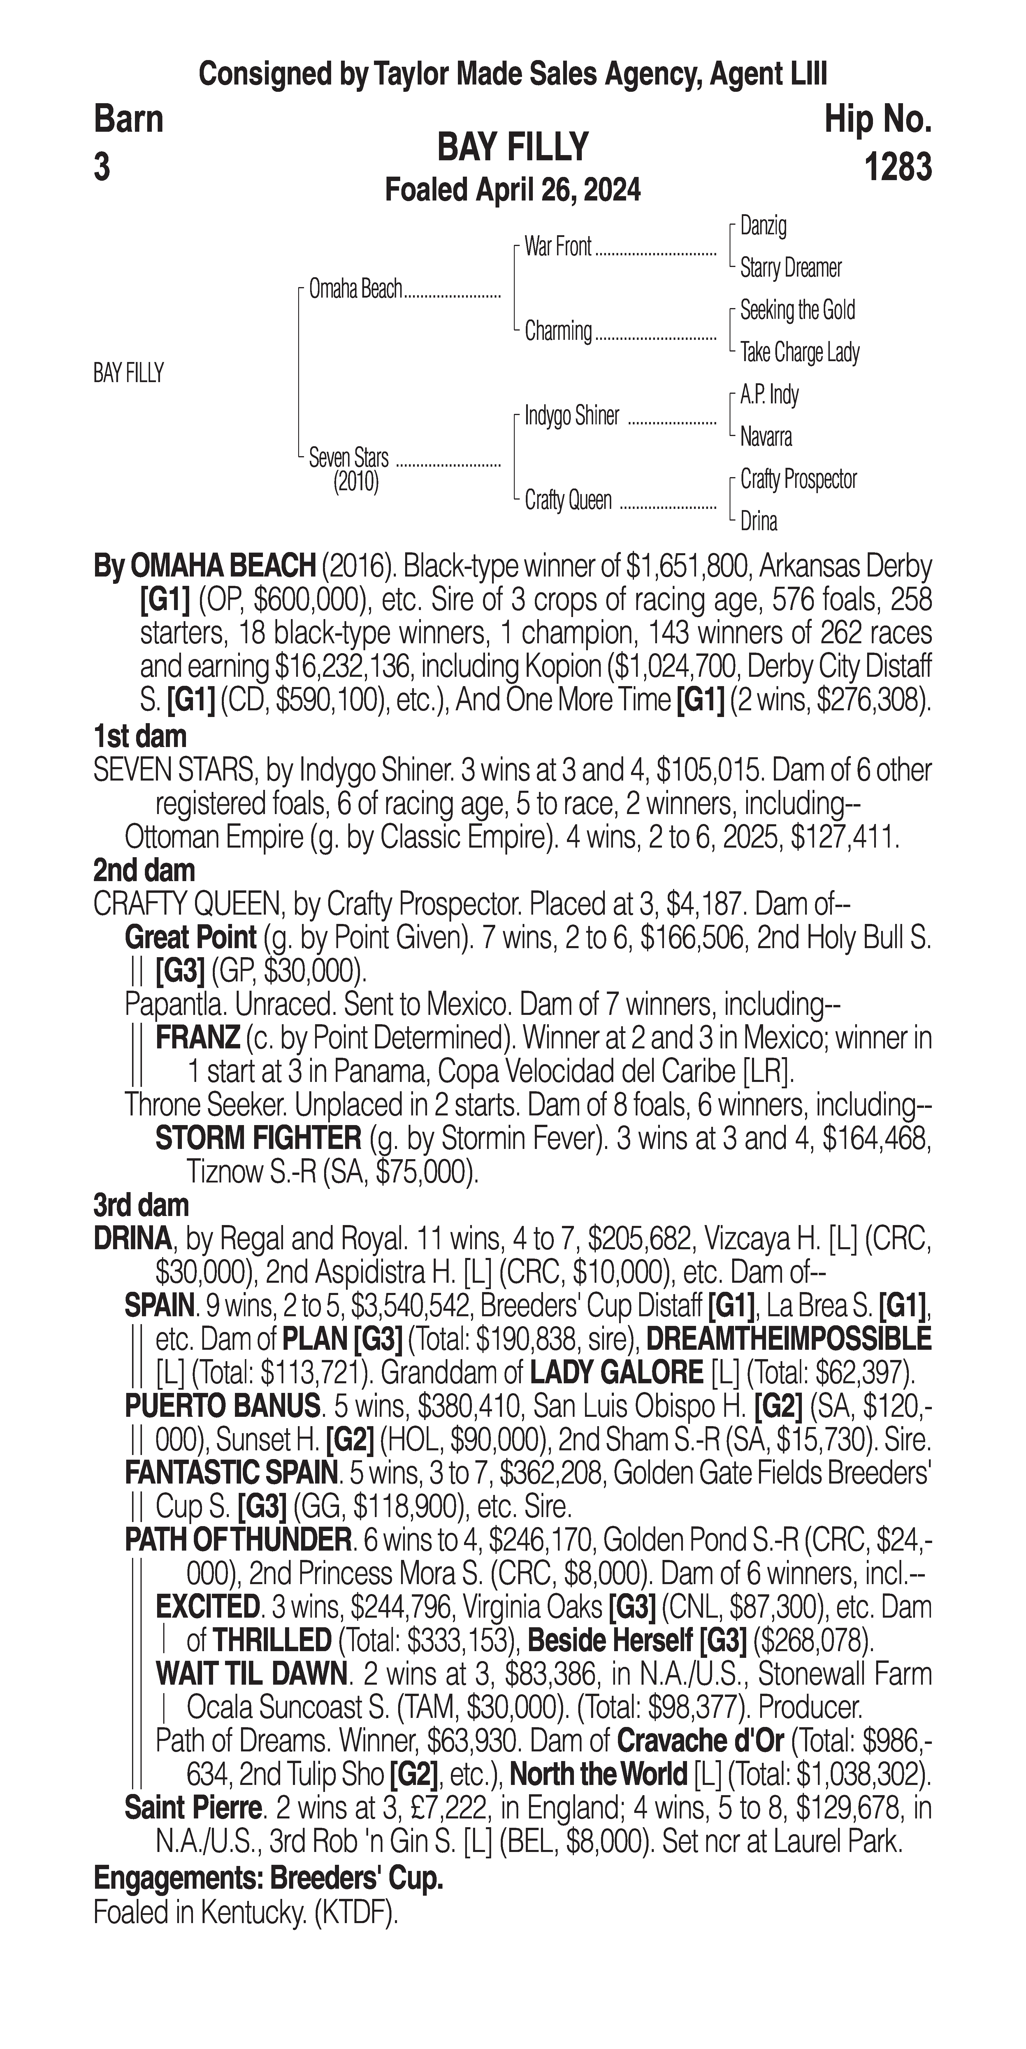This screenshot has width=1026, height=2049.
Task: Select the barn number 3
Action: (x=102, y=168)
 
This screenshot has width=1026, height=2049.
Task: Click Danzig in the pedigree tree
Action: (x=763, y=226)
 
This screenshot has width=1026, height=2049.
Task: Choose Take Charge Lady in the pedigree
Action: (x=799, y=352)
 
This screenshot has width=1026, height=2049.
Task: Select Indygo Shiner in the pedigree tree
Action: (x=571, y=416)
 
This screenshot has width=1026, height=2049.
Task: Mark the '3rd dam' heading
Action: (x=141, y=1205)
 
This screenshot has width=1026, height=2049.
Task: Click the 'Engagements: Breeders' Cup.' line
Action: (x=268, y=1878)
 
